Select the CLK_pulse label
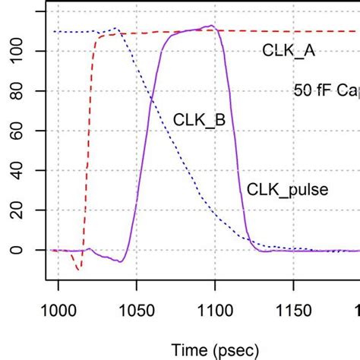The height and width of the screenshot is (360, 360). pos(287,189)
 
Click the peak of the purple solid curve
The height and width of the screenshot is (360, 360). pos(212,27)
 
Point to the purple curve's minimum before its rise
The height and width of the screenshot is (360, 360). pos(120,261)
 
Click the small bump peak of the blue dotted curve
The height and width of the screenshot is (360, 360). pos(115,29)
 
